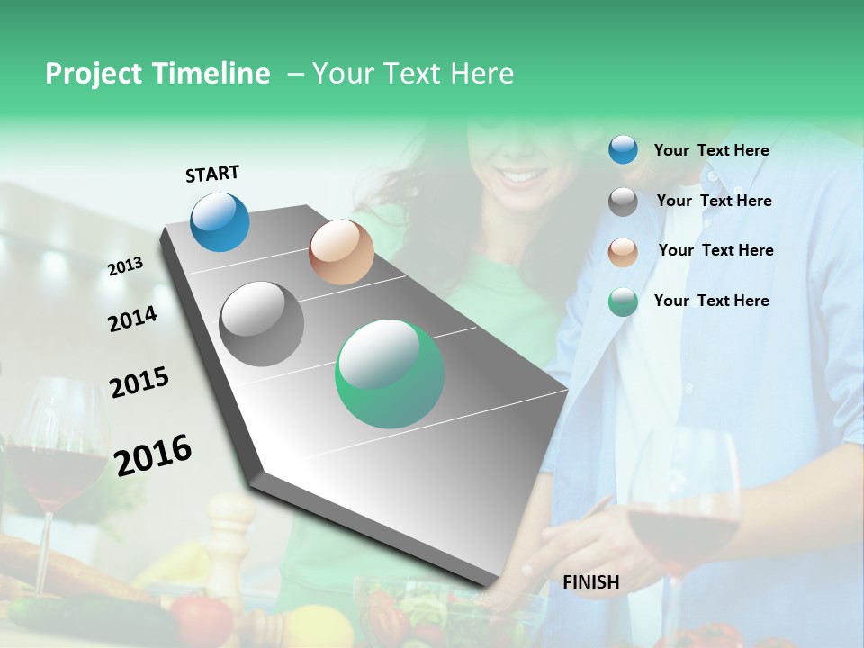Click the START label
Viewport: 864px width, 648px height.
click(x=212, y=174)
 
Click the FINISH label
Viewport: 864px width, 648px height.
click(x=590, y=582)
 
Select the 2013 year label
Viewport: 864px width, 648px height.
click(x=125, y=265)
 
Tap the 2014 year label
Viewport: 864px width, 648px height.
click(x=132, y=319)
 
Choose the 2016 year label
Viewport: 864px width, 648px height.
click(x=153, y=454)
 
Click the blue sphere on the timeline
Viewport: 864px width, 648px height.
click(x=220, y=221)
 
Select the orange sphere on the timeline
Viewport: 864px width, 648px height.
click(x=341, y=252)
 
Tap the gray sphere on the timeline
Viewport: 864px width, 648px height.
click(x=262, y=324)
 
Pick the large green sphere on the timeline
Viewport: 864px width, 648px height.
click(x=390, y=373)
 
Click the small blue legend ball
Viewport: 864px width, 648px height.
click(x=623, y=150)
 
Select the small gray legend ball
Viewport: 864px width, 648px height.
click(x=623, y=202)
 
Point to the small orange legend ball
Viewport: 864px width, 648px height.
click(x=623, y=251)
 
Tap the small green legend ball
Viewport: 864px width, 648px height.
click(x=623, y=301)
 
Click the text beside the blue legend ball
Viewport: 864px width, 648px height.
click(x=711, y=150)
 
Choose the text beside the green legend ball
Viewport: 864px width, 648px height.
click(x=711, y=301)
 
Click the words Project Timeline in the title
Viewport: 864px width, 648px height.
click(x=157, y=74)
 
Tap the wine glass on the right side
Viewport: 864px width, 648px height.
click(x=684, y=513)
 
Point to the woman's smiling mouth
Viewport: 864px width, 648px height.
click(x=520, y=175)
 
